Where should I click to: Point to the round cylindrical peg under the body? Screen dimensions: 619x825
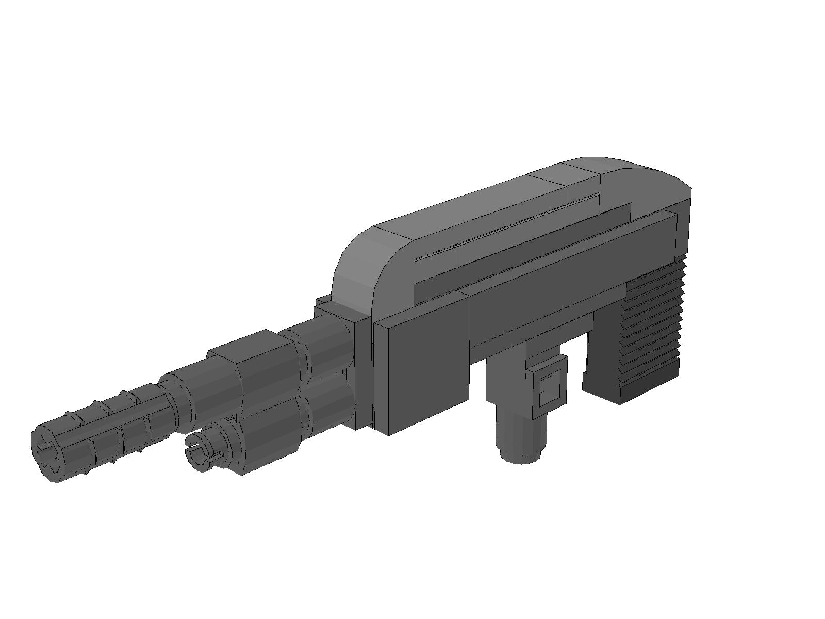pos(521,433)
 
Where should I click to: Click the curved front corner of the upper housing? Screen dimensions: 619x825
pos(356,268)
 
